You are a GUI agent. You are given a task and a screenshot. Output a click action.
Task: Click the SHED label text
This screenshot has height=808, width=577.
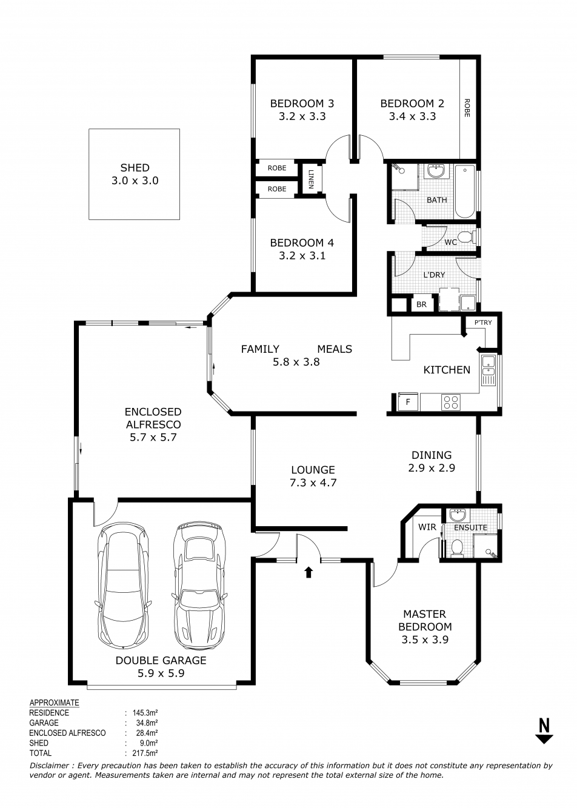135,168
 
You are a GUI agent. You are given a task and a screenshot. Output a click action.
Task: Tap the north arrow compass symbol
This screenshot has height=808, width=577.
544,730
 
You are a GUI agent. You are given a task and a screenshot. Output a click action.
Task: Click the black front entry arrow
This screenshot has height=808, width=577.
309,572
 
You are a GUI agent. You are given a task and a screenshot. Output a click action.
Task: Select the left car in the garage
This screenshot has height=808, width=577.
123,586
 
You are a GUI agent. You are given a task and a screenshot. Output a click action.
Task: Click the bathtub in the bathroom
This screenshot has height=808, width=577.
465,191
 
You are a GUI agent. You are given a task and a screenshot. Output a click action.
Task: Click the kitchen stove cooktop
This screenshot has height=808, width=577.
451,402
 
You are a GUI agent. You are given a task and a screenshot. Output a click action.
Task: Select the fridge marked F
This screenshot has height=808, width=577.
408,402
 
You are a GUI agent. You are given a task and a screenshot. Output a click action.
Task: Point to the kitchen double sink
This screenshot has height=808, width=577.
489,370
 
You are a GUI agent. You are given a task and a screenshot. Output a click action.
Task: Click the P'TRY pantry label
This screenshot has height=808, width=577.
483,322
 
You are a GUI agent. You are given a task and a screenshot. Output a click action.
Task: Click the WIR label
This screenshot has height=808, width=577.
427,527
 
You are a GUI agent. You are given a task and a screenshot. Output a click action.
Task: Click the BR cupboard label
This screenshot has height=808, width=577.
422,305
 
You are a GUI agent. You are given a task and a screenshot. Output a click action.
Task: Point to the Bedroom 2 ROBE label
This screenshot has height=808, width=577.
467,108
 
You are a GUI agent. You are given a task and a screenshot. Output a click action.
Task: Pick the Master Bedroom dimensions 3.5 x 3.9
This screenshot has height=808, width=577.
424,639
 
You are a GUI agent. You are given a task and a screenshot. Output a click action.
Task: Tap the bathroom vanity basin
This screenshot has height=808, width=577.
436,172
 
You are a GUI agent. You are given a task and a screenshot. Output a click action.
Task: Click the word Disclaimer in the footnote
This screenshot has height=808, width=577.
50,766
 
